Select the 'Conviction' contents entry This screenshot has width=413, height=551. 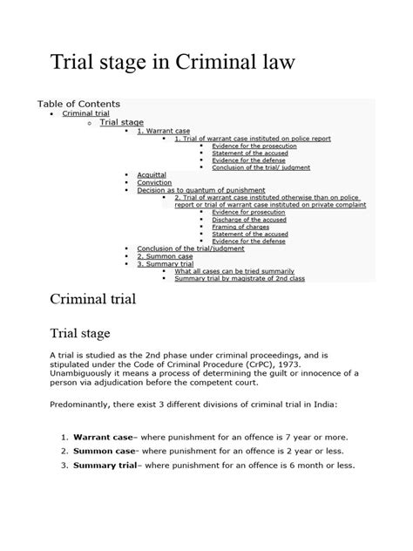pos(154,182)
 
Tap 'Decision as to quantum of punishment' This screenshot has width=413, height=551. pos(193,190)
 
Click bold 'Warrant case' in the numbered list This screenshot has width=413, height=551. pos(101,434)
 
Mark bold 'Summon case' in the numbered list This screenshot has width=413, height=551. pos(101,451)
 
